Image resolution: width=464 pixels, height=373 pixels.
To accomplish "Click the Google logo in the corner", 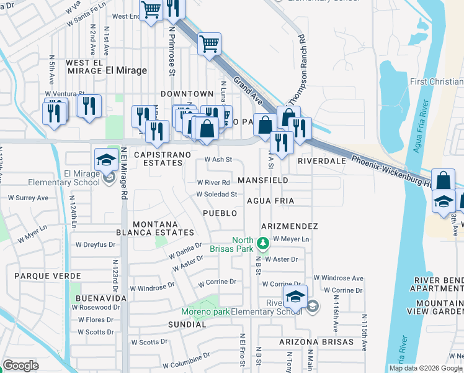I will (20, 366).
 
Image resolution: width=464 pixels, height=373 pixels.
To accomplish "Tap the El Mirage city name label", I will (126, 70).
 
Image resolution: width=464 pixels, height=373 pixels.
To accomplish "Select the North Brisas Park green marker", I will (263, 241).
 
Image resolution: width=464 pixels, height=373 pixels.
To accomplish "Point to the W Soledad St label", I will (216, 194).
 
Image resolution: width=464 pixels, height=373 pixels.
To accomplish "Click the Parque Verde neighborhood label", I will (48, 275).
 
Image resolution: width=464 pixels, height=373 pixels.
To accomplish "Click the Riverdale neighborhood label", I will (321, 160).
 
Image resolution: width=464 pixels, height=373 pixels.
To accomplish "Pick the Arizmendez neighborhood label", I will (290, 226).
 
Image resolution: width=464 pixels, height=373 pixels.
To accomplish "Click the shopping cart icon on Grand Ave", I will (210, 44).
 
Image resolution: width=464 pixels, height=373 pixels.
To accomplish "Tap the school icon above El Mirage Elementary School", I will (106, 159).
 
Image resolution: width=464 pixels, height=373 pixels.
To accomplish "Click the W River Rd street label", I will (213, 183).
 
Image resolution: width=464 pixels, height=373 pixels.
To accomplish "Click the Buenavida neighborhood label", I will (101, 298).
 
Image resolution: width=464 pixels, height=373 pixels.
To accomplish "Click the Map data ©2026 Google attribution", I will (426, 368).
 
